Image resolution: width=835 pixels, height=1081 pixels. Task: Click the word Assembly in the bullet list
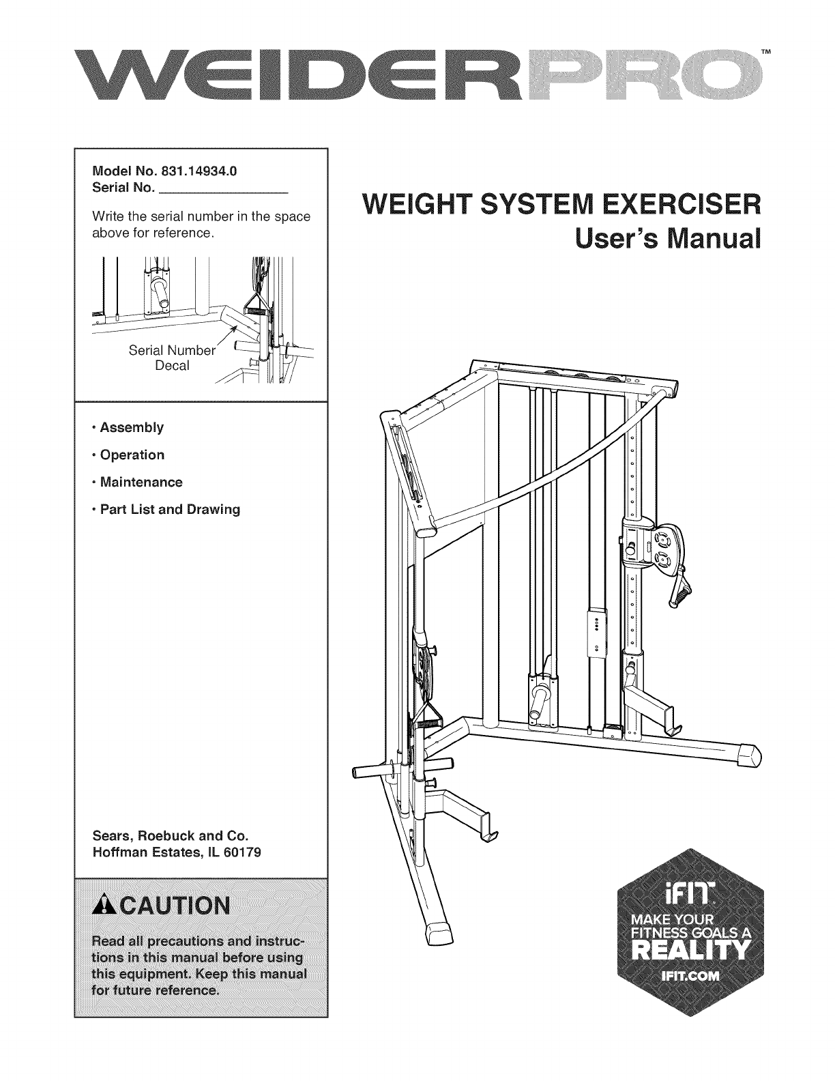coord(132,428)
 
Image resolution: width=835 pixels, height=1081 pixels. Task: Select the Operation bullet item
coord(132,455)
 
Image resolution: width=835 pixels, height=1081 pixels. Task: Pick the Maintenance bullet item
coord(141,482)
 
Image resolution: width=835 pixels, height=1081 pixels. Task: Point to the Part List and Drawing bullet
coord(170,510)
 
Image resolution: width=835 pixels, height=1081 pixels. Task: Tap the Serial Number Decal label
coord(172,359)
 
